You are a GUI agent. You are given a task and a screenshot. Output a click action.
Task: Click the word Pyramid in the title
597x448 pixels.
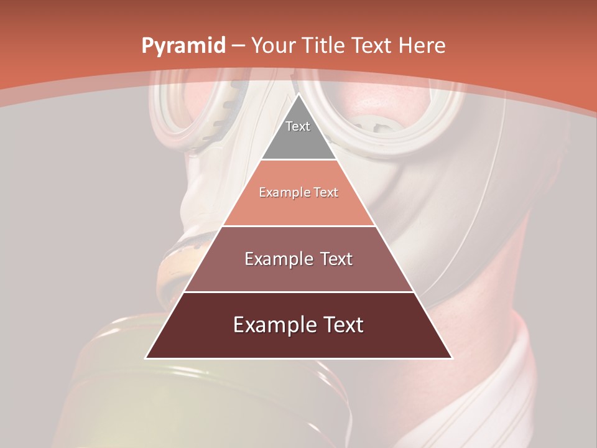coord(183,45)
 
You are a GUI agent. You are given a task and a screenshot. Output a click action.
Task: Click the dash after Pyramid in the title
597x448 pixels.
coord(238,46)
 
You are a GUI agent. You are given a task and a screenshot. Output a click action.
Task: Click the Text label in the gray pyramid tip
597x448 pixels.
coord(298,126)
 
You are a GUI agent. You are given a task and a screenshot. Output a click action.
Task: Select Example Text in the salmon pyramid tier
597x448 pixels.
coord(298,192)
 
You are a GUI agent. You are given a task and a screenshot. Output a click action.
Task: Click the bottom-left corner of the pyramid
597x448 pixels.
coord(146,358)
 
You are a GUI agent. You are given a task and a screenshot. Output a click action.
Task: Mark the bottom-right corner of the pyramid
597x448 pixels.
coord(452,358)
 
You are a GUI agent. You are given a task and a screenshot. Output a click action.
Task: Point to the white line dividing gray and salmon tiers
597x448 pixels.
coord(298,160)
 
